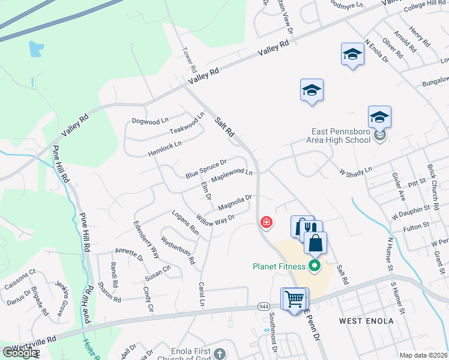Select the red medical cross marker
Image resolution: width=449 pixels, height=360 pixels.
265,223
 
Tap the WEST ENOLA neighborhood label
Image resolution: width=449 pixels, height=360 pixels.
366,321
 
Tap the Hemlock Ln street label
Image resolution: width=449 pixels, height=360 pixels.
164,149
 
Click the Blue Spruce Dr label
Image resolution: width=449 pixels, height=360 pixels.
205,169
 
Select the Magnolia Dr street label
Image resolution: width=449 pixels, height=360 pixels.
234,203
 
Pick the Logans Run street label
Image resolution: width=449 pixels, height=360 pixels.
185,222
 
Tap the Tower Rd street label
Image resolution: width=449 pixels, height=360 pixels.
189,58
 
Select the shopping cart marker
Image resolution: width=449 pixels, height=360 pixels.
294,298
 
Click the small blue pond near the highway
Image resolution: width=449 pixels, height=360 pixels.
36,47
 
